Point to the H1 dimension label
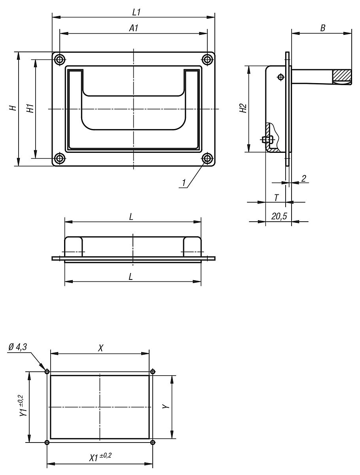(x=30, y=108)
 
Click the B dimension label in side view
(x=322, y=28)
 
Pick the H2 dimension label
(x=243, y=109)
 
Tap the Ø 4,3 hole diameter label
(x=18, y=347)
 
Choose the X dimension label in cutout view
(x=100, y=348)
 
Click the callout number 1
(x=184, y=183)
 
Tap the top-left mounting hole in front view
(x=60, y=59)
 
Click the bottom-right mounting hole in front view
(x=207, y=159)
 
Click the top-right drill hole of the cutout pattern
(x=153, y=371)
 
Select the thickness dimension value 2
(x=303, y=179)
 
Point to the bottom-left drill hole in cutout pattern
(x=47, y=442)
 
